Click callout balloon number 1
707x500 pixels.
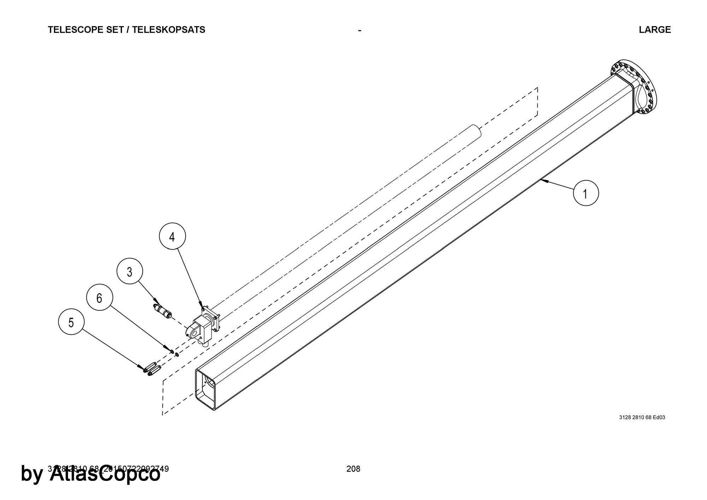tap(586, 193)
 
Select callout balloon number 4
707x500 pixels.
tap(172, 237)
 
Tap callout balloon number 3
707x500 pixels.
tap(130, 272)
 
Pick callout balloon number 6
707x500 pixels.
tap(99, 298)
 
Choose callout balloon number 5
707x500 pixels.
tap(71, 322)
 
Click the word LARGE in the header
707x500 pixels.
tap(655, 30)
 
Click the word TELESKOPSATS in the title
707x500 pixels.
tap(169, 30)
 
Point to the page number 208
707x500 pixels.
tap(353, 469)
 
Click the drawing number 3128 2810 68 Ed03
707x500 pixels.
tap(642, 417)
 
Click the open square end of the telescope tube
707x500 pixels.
tap(205, 389)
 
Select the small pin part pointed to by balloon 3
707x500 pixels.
tap(162, 310)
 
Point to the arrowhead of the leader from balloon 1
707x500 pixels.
tap(542, 181)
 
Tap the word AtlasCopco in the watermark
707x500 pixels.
tap(105, 474)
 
